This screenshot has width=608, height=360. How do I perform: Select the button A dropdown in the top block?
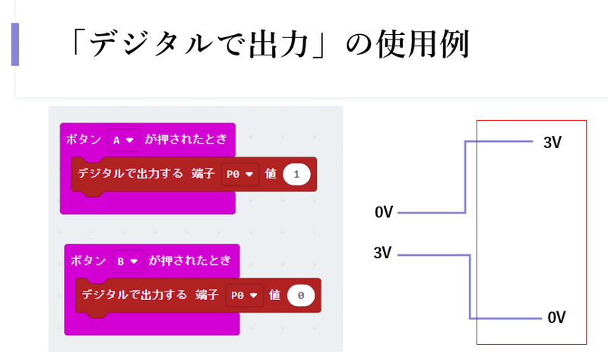(x=122, y=140)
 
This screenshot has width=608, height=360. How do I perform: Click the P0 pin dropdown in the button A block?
(x=239, y=174)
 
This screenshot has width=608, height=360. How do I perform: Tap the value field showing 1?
(x=296, y=174)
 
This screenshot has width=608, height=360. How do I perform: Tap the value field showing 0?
(x=301, y=295)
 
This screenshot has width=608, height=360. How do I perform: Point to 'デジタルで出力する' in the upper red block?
(x=130, y=173)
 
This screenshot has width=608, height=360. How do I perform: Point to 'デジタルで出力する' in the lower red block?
(x=134, y=294)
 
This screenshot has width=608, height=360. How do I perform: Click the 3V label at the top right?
(x=553, y=142)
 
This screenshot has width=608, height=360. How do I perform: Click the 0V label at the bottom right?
(x=556, y=317)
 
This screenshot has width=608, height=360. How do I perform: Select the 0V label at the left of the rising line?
(x=384, y=213)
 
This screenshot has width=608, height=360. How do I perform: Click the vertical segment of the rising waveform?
(x=464, y=177)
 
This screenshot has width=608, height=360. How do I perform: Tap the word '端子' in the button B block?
(x=207, y=294)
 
